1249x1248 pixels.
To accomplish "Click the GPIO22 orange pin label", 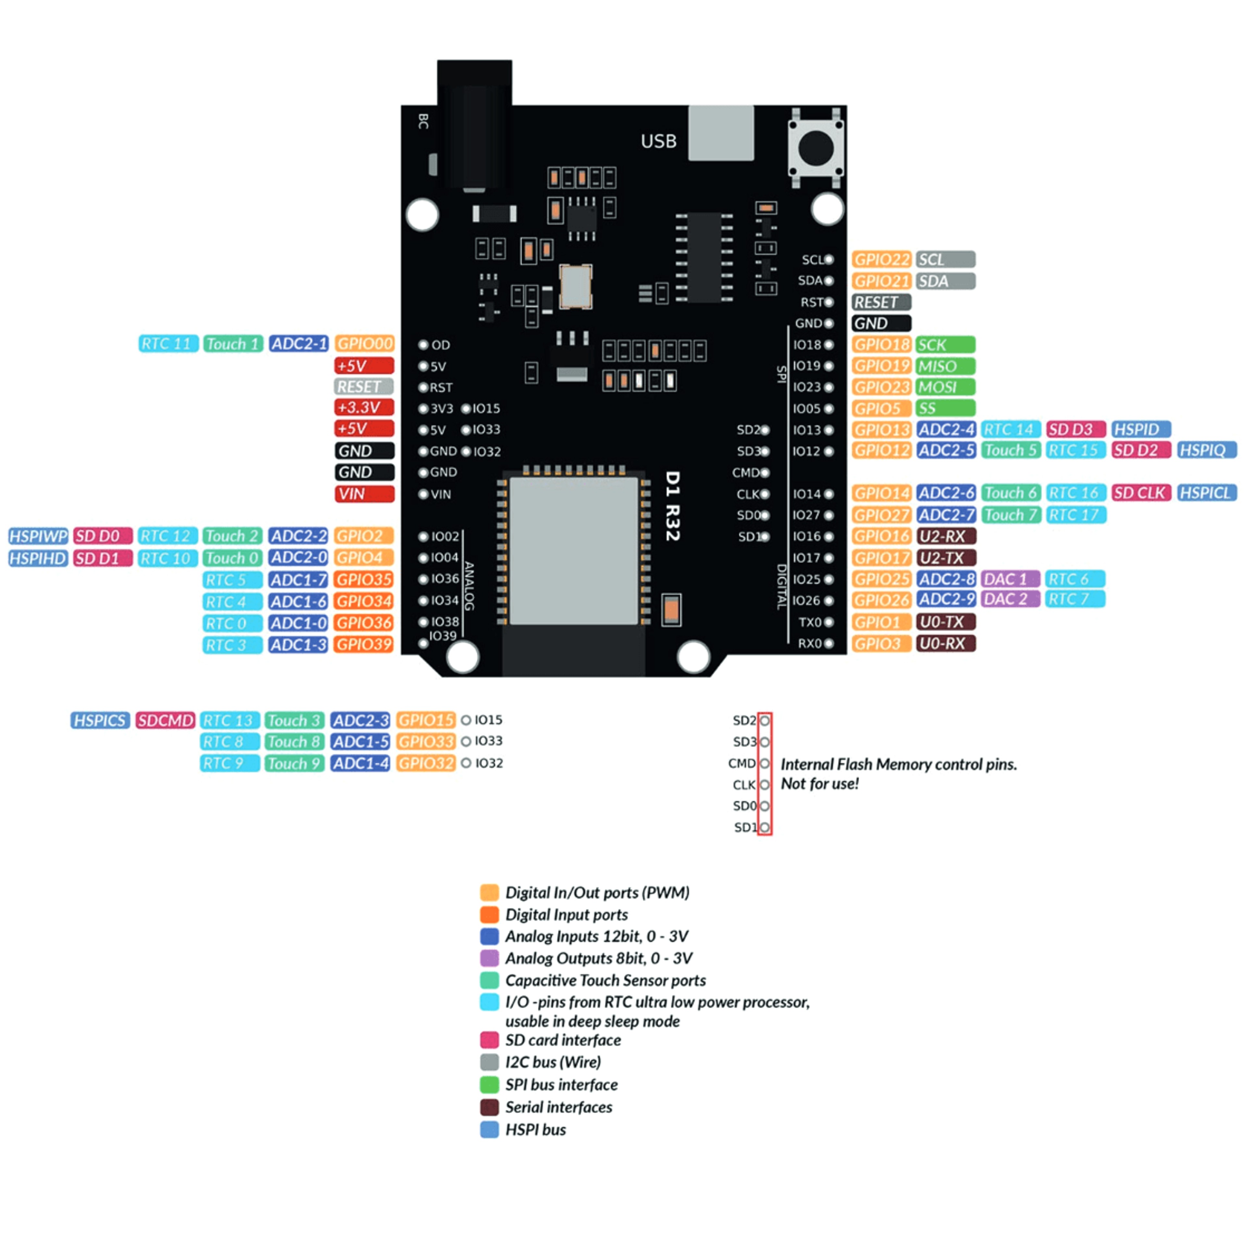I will [881, 259].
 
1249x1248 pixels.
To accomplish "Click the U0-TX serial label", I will [945, 622].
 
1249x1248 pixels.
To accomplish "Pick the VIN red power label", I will [364, 494].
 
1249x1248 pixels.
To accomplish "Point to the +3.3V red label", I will [364, 407].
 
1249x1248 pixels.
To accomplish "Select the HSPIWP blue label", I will [38, 536].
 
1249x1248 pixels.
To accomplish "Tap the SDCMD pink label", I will [165, 720].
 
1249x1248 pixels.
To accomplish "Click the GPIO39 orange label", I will [364, 644].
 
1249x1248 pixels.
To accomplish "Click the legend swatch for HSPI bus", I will [489, 1129].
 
